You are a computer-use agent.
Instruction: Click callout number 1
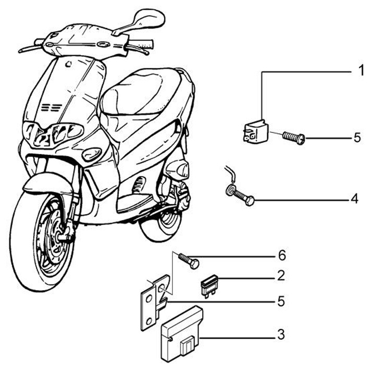click(x=361, y=70)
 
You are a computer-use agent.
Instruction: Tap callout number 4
click(x=355, y=199)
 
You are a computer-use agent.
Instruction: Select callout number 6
click(x=282, y=255)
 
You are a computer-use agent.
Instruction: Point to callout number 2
click(x=281, y=276)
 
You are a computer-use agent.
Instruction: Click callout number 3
click(x=281, y=335)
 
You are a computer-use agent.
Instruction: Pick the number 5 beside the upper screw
click(x=357, y=138)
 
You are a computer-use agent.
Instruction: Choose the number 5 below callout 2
click(x=281, y=301)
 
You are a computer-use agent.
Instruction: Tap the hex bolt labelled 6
click(x=189, y=261)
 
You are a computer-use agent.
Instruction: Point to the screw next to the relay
click(x=294, y=138)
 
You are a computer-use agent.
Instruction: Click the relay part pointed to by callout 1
click(x=256, y=132)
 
